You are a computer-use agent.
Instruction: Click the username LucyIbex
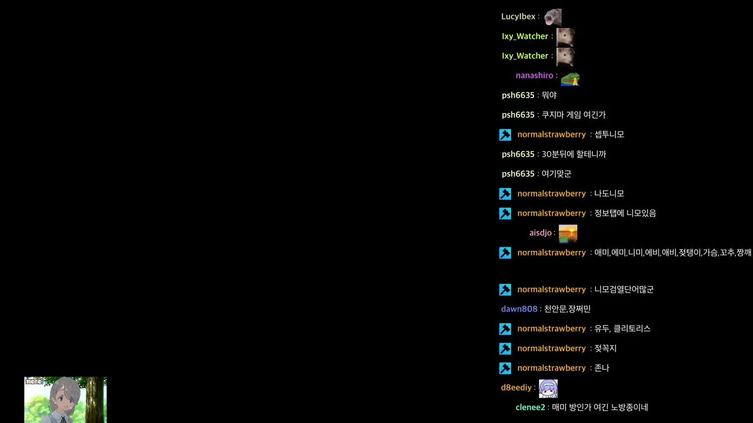518,16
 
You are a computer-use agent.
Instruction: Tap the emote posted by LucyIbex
552,18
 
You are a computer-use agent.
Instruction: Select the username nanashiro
534,76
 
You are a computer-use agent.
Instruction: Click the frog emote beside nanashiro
570,79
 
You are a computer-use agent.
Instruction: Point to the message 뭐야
549,95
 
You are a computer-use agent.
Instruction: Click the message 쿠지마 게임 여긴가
574,115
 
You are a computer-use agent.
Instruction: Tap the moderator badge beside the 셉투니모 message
505,135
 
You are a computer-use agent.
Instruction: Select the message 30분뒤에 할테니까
574,154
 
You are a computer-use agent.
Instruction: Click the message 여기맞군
556,174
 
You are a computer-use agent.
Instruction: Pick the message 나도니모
609,194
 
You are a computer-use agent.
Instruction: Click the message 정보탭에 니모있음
625,213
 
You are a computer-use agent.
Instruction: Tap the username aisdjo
540,233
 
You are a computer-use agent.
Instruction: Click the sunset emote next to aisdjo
568,234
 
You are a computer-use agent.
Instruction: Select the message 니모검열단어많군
624,290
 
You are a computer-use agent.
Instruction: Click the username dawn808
519,309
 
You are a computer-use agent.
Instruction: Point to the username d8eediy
516,387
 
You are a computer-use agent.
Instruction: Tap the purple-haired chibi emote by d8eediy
548,389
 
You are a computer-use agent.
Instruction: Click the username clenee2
530,407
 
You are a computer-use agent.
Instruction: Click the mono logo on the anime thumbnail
34,381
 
